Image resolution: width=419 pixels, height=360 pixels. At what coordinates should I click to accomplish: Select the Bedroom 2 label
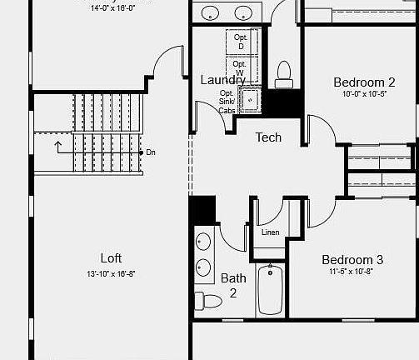pos(364,82)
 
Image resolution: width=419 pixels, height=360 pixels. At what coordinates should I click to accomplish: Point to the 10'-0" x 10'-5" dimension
pos(364,94)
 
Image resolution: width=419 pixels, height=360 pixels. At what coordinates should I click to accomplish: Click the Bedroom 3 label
pos(352,259)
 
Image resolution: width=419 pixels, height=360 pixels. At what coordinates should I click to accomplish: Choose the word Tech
pos(268,137)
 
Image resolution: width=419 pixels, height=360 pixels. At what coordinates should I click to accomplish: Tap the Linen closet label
pos(270,232)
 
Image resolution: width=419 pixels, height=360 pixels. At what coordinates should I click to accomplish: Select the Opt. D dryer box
pos(241,42)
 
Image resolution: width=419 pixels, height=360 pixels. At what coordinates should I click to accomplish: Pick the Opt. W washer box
pos(240,67)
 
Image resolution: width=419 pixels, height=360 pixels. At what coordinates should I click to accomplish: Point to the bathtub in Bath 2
pos(271,288)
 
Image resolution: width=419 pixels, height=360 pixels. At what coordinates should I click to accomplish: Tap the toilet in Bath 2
pos(207,301)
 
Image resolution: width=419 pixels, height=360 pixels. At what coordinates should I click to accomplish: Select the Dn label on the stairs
pos(151,152)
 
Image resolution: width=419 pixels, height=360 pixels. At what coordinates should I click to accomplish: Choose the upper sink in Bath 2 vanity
pos(204,242)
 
